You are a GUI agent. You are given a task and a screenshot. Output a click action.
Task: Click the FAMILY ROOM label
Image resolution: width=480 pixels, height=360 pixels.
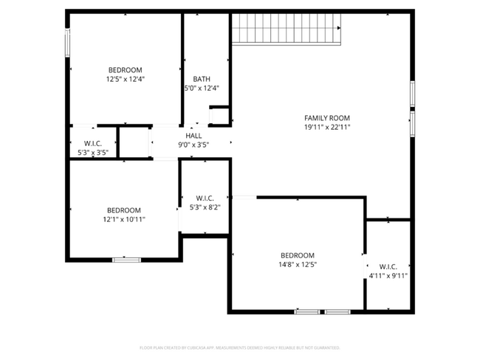pyautogui.click(x=327, y=118)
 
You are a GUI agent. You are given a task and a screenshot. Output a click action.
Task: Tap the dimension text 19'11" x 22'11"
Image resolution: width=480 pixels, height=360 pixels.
pyautogui.click(x=327, y=127)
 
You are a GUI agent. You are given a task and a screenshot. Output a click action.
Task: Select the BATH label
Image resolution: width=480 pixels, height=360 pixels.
pyautogui.click(x=202, y=79)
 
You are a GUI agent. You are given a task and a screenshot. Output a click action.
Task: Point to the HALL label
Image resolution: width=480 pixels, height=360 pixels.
pyautogui.click(x=193, y=136)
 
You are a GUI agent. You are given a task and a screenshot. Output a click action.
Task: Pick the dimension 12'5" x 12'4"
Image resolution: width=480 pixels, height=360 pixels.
pyautogui.click(x=125, y=79)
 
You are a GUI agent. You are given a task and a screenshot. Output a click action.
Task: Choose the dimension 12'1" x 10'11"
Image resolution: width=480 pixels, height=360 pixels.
pyautogui.click(x=124, y=219)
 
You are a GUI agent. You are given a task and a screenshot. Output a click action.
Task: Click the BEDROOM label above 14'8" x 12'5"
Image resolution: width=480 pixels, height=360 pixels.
pyautogui.click(x=297, y=255)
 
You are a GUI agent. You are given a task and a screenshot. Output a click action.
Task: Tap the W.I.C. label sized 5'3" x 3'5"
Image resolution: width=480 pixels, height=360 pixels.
pyautogui.click(x=93, y=143)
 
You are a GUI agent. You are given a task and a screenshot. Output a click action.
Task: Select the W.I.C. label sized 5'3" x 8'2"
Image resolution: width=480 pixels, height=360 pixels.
pyautogui.click(x=205, y=198)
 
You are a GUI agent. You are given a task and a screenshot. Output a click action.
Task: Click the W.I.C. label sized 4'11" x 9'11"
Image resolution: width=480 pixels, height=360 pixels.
pyautogui.click(x=388, y=266)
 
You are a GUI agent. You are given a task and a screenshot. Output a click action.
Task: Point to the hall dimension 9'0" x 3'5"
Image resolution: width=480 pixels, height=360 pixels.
pyautogui.click(x=193, y=145)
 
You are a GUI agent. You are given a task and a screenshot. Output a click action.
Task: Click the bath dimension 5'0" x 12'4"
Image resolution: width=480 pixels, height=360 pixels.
pyautogui.click(x=202, y=88)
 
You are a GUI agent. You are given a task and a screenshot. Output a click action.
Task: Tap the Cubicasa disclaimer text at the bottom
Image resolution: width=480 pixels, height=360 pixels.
pyautogui.click(x=239, y=347)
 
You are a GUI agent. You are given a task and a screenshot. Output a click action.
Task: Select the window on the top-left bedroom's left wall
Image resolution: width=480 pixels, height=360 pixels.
pyautogui.click(x=68, y=42)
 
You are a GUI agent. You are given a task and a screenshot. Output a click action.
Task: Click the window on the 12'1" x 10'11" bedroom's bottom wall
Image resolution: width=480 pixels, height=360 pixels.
pyautogui.click(x=126, y=259)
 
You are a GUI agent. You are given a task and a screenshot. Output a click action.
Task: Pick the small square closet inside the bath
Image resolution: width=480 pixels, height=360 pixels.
pyautogui.click(x=219, y=117)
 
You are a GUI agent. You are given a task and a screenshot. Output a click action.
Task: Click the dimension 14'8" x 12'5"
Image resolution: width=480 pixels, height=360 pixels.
pyautogui.click(x=297, y=264)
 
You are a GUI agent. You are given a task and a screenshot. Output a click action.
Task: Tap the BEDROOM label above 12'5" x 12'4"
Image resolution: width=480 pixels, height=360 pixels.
pyautogui.click(x=125, y=70)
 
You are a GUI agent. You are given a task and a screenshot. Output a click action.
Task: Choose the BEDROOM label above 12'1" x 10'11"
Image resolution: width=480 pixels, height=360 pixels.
pyautogui.click(x=124, y=210)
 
